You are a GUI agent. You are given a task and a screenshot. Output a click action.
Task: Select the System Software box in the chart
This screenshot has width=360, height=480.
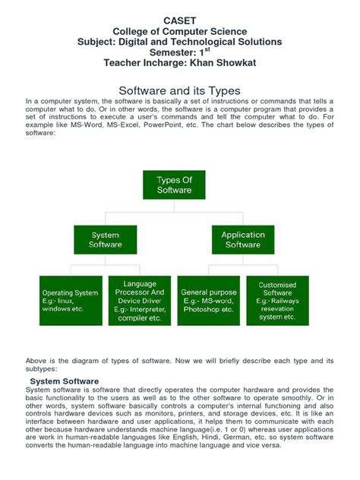[x=105, y=240]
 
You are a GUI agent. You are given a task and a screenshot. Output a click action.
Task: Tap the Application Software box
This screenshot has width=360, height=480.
[x=243, y=240]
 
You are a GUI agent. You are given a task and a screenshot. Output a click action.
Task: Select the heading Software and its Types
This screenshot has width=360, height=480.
[x=181, y=90]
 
